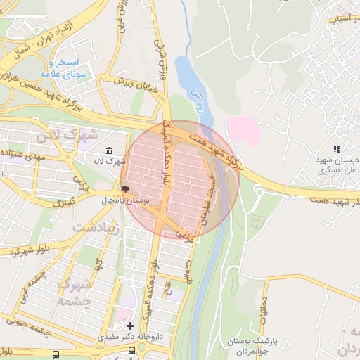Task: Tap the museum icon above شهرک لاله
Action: [109, 151]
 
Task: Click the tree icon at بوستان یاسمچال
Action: [125, 188]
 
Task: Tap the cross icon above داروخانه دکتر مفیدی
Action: [129, 326]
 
